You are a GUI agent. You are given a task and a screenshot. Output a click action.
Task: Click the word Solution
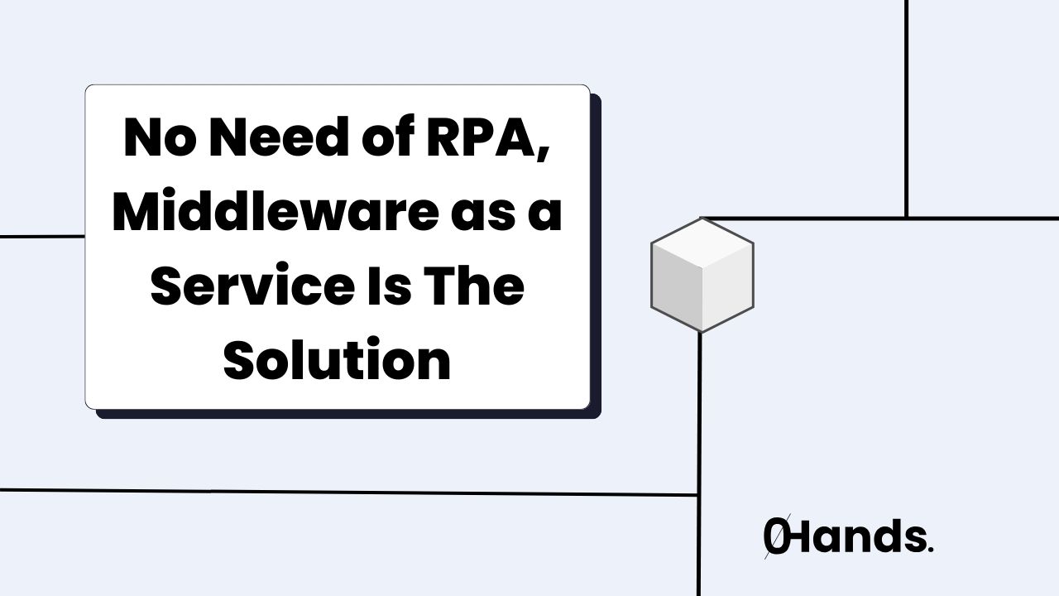[x=338, y=361]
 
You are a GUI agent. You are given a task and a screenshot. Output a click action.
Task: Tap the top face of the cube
[x=702, y=244]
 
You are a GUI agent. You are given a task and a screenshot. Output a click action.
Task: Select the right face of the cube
[x=728, y=290]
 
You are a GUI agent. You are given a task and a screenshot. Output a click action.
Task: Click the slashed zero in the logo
[x=776, y=539]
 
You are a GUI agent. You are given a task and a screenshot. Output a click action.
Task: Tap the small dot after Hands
[x=931, y=550]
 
